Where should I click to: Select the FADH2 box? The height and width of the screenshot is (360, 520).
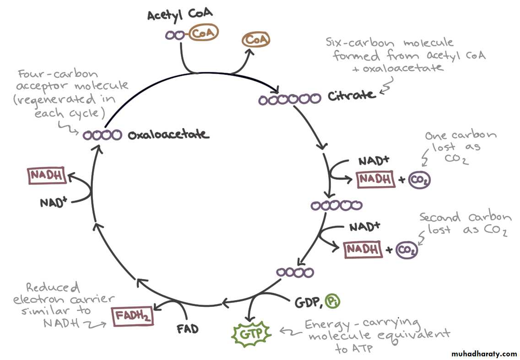[x=132, y=315]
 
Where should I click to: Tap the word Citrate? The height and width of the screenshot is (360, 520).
[x=352, y=96]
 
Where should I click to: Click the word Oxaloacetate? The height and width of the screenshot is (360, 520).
[x=168, y=135]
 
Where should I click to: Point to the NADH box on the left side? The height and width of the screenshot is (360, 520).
[x=46, y=176]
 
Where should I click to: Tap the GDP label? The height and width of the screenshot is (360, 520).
[x=307, y=302]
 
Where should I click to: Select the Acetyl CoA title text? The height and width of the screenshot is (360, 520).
[x=180, y=15]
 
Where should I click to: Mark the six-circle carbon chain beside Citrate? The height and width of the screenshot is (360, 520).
[x=289, y=99]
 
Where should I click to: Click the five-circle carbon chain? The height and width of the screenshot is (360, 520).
[x=336, y=206]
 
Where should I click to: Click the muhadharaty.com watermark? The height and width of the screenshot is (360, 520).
[x=484, y=354]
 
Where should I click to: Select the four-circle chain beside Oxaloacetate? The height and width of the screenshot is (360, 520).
[x=103, y=135]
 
